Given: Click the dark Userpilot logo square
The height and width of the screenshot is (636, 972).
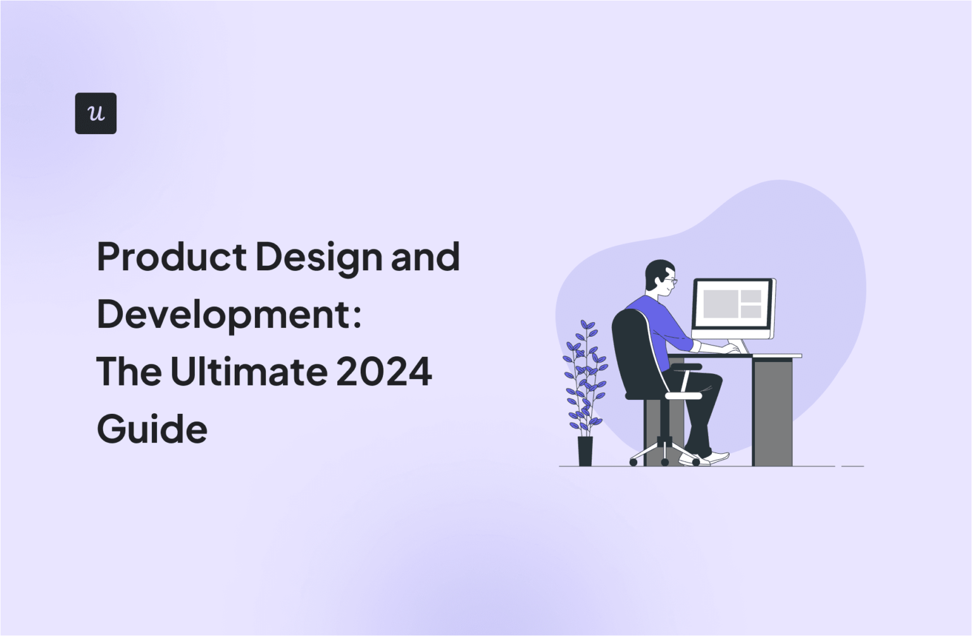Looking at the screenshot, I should click(96, 113).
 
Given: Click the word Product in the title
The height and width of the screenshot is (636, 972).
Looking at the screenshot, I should click(171, 257).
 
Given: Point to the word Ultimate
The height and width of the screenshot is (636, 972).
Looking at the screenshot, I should click(249, 371).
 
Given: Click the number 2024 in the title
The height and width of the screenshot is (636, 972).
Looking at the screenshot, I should click(384, 371).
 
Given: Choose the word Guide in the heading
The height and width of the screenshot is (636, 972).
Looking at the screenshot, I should click(152, 429).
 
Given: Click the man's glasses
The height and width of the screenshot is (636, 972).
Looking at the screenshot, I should click(670, 280).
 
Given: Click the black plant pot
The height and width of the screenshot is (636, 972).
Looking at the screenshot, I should click(585, 451).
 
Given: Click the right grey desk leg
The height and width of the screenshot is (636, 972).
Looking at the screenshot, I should click(773, 411).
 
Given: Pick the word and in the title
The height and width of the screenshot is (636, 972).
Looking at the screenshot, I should click(425, 257).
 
